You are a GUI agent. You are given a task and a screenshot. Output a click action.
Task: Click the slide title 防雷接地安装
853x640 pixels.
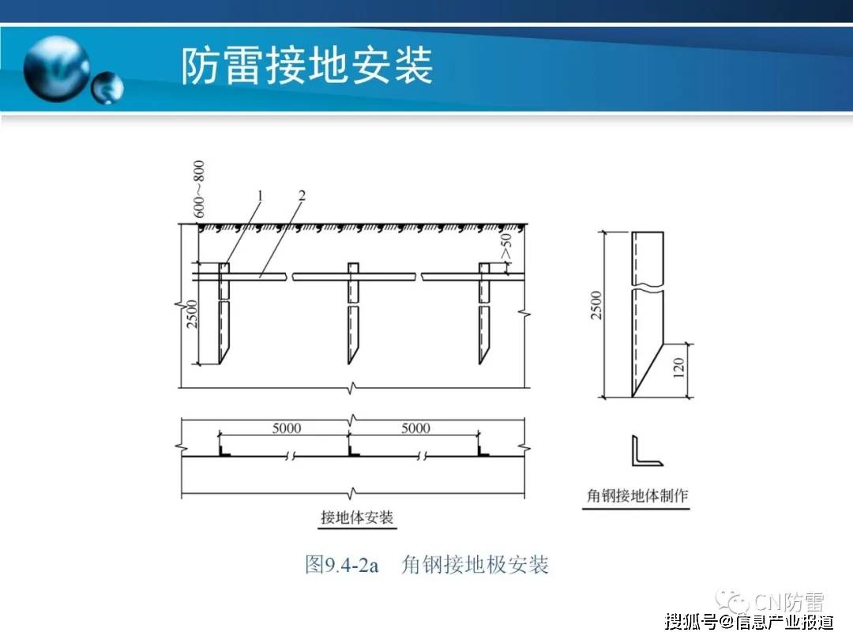tap(306, 66)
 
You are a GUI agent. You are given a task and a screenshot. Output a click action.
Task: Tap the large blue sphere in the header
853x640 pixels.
tap(57, 68)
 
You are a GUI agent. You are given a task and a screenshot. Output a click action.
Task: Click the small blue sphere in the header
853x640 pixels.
tap(107, 88)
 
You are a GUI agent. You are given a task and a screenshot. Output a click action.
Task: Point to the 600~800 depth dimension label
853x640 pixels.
tap(199, 189)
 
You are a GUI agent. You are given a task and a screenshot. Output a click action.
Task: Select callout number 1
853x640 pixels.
tap(260, 195)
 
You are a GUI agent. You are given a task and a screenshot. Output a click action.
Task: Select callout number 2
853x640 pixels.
tap(302, 195)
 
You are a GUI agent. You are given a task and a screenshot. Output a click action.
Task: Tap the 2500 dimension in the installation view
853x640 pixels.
tap(191, 314)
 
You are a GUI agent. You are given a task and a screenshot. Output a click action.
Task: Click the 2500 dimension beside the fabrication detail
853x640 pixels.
tap(597, 305)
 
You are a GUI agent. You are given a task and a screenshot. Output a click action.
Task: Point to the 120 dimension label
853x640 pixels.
tap(678, 368)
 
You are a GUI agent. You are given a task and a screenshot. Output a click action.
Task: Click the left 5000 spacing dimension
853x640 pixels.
tap(287, 428)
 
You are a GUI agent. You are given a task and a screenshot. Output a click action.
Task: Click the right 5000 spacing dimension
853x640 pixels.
tap(415, 428)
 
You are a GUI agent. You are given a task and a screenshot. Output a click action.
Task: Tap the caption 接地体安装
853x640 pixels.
tap(357, 517)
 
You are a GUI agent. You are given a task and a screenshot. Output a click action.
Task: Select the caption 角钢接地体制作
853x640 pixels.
tap(637, 495)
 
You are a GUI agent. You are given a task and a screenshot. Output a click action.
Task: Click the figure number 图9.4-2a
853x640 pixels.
tap(342, 564)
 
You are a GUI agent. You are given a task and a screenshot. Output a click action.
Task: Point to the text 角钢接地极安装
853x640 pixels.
tap(475, 564)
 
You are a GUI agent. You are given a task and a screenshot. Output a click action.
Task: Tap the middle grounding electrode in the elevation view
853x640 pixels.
tap(353, 314)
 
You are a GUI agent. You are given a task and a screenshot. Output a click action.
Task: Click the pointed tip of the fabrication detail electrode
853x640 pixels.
tap(633, 397)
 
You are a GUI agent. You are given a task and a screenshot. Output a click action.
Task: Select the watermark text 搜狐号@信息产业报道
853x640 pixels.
tap(749, 621)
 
